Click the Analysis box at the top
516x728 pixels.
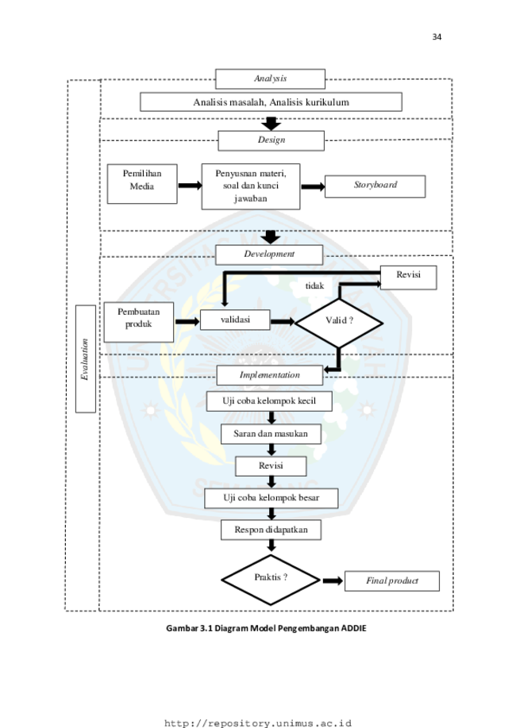click(270, 79)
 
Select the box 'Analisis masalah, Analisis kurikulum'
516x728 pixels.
click(271, 102)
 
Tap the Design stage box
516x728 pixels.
click(271, 140)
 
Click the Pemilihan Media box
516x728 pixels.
click(142, 184)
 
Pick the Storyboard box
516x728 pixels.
click(375, 186)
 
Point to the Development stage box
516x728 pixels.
click(269, 255)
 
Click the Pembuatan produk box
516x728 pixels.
click(139, 322)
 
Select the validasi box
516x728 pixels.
click(235, 320)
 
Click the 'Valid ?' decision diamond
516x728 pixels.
click(339, 323)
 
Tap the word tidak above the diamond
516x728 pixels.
click(314, 286)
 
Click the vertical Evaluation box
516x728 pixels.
click(86, 359)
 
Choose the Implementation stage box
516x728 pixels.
click(270, 375)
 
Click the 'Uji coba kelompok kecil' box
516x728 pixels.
click(269, 401)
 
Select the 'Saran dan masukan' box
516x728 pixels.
click(271, 434)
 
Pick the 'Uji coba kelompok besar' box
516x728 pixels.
click(271, 498)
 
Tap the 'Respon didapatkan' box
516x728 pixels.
click(271, 530)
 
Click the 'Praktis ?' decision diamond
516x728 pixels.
click(271, 580)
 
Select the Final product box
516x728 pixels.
click(392, 580)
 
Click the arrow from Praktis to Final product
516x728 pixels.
click(333, 580)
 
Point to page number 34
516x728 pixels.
click(437, 36)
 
